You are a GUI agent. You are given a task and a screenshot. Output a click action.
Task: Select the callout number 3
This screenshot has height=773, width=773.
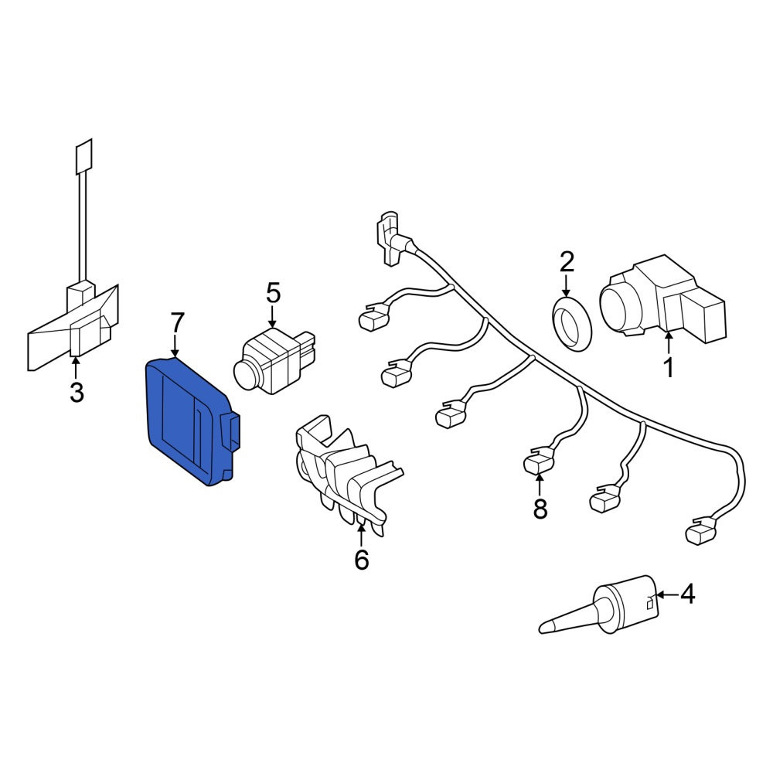[x=77, y=392]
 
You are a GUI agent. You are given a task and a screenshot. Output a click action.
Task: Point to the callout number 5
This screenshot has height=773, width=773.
[x=273, y=292]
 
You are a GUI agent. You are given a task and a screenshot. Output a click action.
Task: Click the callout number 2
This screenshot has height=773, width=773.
[x=567, y=261]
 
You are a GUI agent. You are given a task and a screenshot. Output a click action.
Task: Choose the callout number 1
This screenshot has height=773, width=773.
[x=669, y=367]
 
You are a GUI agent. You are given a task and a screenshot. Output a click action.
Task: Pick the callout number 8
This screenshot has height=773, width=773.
[x=540, y=508]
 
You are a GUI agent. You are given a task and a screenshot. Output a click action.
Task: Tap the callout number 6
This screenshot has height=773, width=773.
[x=361, y=559]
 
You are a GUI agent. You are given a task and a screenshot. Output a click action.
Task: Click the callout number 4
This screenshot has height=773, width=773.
[x=688, y=594]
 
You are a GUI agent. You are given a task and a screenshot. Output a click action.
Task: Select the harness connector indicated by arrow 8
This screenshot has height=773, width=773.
[x=538, y=462]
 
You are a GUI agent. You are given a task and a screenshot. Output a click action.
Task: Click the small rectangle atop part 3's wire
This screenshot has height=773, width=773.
[x=83, y=156]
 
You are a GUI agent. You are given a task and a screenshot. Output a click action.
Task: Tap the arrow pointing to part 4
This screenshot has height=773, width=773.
[x=667, y=595]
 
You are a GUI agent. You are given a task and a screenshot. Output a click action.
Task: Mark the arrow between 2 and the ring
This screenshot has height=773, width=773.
[x=567, y=287]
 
